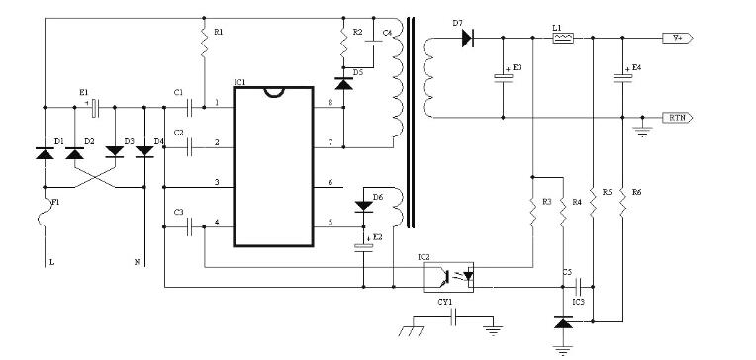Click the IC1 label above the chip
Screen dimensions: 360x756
click(241, 81)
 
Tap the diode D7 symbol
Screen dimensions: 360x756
click(464, 38)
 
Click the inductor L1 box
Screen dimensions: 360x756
click(562, 38)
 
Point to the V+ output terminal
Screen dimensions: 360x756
click(679, 38)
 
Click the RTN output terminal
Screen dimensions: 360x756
click(679, 117)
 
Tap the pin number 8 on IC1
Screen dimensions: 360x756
click(330, 104)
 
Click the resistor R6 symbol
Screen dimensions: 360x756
click(623, 205)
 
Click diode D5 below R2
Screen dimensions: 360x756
click(344, 84)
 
